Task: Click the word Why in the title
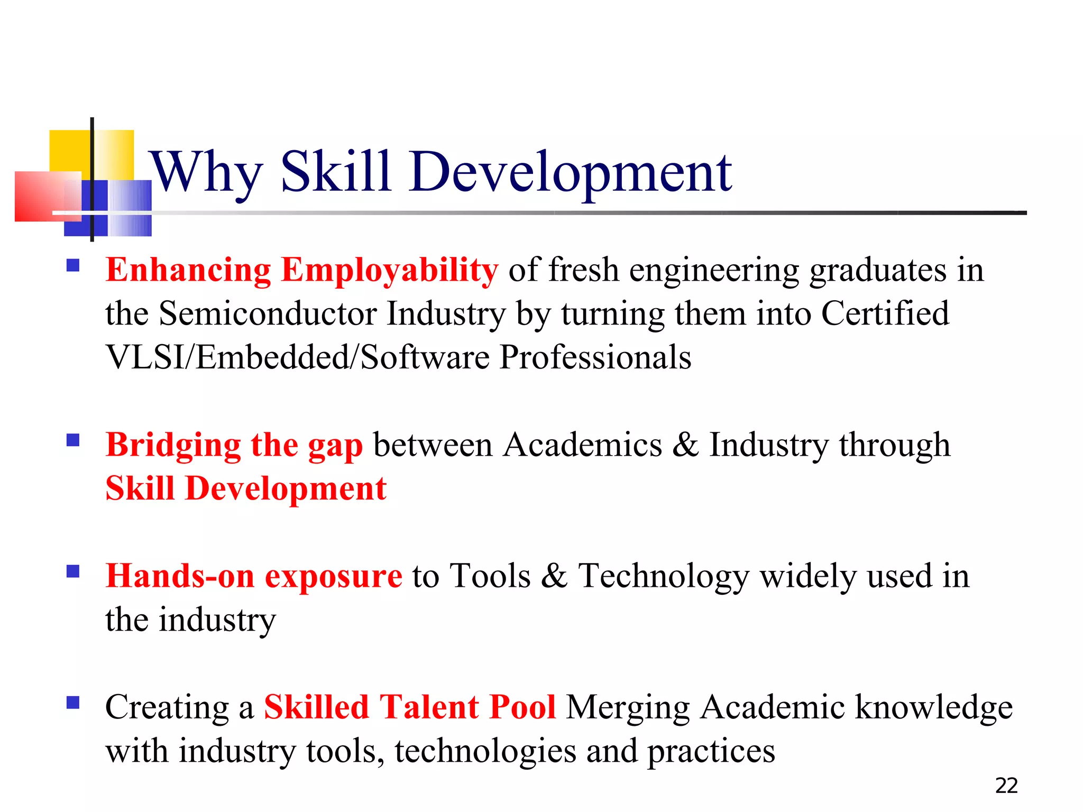click(x=206, y=172)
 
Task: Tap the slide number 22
click(x=1006, y=786)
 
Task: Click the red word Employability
click(x=389, y=271)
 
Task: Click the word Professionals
click(x=595, y=357)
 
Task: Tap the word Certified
click(x=885, y=314)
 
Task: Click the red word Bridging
click(x=173, y=445)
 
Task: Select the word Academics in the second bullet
click(x=582, y=445)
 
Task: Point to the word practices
click(x=711, y=751)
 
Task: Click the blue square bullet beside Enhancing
click(x=73, y=265)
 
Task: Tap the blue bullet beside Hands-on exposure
click(x=73, y=571)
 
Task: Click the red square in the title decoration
click(x=42, y=197)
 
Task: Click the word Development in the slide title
click(x=570, y=172)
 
